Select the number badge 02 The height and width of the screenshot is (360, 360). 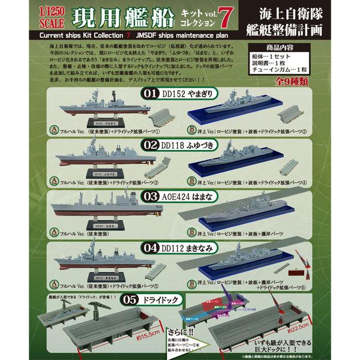click(x=151, y=144)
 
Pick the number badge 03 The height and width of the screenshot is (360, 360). click(x=151, y=195)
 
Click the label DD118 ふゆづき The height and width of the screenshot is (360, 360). click(x=191, y=144)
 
